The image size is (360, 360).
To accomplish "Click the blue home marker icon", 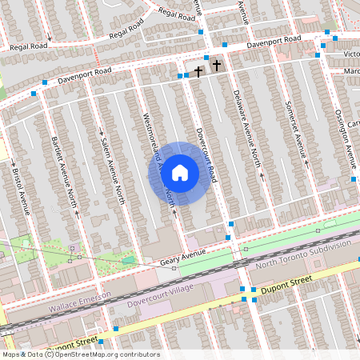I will (180, 173).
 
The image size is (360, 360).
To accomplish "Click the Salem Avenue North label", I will (113, 168).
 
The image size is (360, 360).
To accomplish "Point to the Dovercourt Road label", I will (206, 148).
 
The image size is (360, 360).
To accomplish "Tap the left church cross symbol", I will (198, 71).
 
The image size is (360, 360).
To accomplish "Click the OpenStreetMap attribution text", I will (80, 354).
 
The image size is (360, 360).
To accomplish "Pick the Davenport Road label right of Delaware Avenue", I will (274, 42).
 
